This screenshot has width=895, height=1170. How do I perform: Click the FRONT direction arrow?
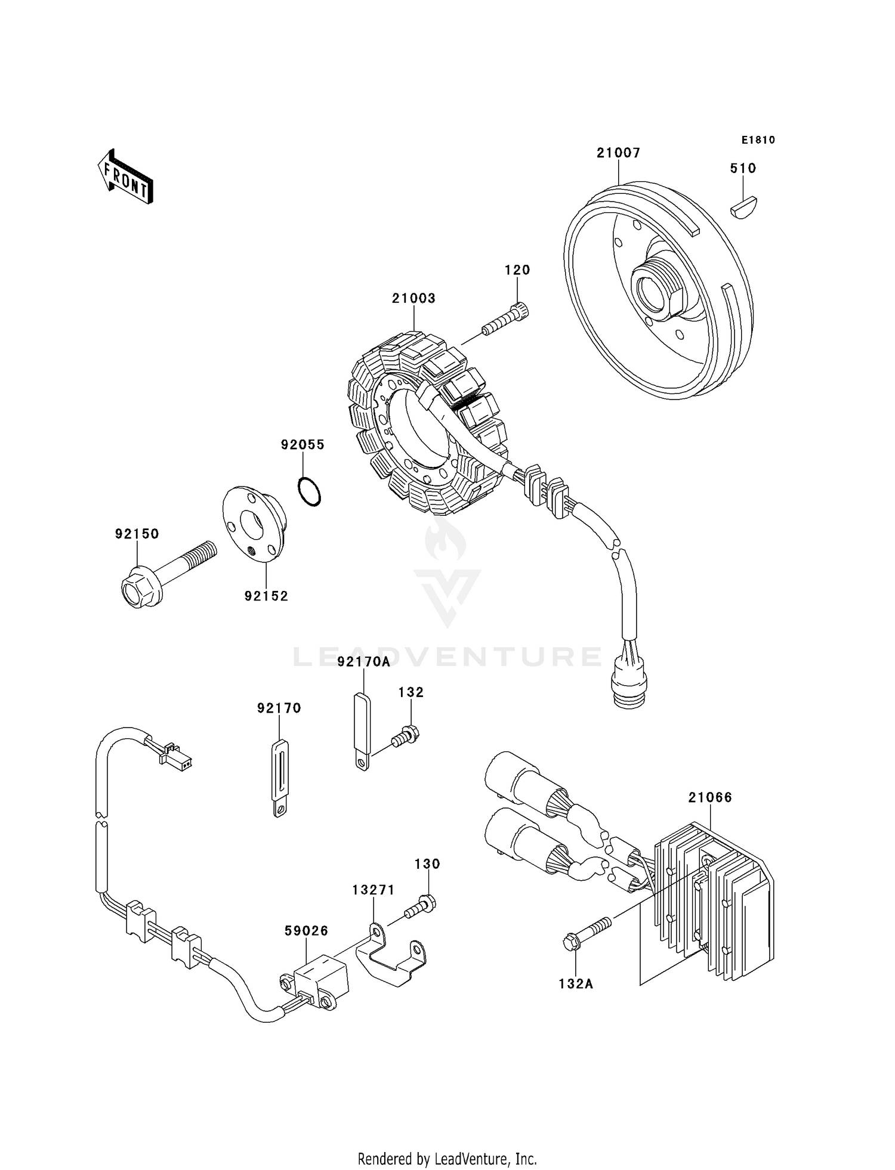[x=125, y=177]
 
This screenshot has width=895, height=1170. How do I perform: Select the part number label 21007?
[x=618, y=153]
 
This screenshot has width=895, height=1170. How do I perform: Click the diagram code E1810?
[x=758, y=140]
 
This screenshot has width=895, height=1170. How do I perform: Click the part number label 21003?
[x=413, y=298]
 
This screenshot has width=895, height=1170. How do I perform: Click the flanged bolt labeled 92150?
[x=161, y=571]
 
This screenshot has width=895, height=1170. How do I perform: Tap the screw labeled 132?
[x=406, y=735]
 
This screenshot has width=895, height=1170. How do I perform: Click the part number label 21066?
[x=709, y=797]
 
